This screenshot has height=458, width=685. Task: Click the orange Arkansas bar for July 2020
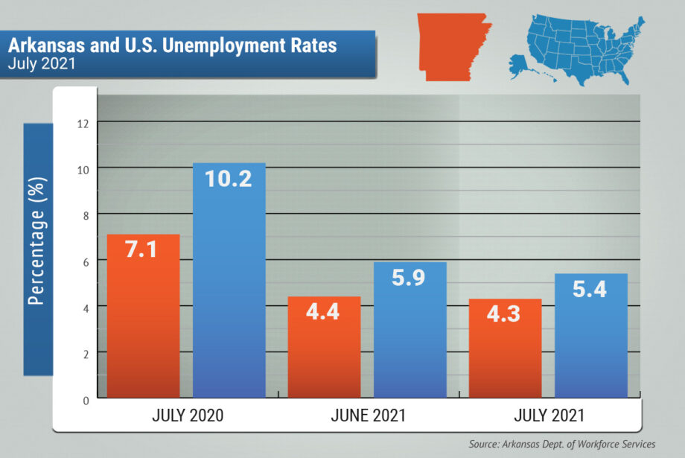143,317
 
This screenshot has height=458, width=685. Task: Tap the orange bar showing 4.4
324,347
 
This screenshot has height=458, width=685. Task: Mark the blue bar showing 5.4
590,336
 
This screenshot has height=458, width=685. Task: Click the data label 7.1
141,250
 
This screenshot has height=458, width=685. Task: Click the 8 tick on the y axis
85,215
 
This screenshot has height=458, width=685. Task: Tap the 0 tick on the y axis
85,400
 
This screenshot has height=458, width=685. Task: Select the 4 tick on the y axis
85,308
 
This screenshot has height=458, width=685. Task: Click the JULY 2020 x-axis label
187,416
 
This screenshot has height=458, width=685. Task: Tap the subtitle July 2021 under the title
42,63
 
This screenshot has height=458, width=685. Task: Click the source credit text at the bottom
562,444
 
